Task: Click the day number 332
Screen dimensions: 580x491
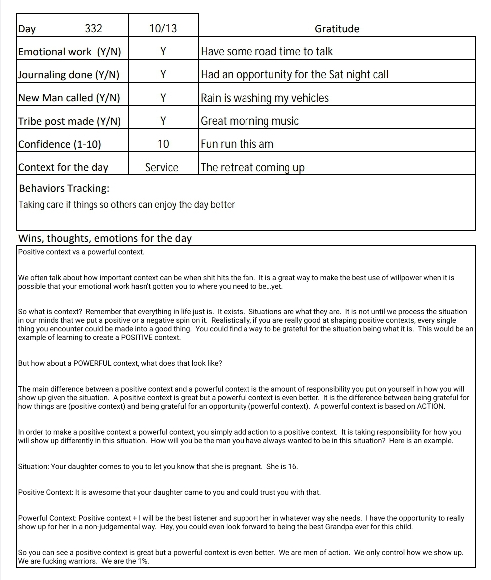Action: tap(93, 29)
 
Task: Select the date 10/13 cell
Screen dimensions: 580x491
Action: tap(163, 29)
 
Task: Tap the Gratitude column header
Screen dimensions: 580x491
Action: tap(337, 29)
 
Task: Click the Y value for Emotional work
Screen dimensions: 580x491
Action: tap(163, 52)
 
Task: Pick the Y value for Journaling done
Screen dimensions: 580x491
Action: tap(163, 75)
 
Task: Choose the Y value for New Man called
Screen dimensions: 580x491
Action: tap(163, 98)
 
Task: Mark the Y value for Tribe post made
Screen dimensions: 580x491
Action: tap(163, 121)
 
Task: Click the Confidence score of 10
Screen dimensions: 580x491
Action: tap(163, 144)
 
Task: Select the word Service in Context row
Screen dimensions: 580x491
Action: tap(162, 167)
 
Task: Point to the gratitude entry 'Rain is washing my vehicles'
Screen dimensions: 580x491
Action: tap(264, 98)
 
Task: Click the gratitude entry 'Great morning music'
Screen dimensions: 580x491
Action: tap(249, 121)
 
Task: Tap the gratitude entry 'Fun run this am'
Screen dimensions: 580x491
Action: tap(237, 144)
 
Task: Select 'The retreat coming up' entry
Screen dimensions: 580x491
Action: tap(252, 167)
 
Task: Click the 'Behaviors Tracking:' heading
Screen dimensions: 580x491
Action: tap(64, 188)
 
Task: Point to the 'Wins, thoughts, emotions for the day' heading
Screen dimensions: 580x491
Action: tap(105, 238)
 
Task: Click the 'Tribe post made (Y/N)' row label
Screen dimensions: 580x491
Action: tap(69, 121)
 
